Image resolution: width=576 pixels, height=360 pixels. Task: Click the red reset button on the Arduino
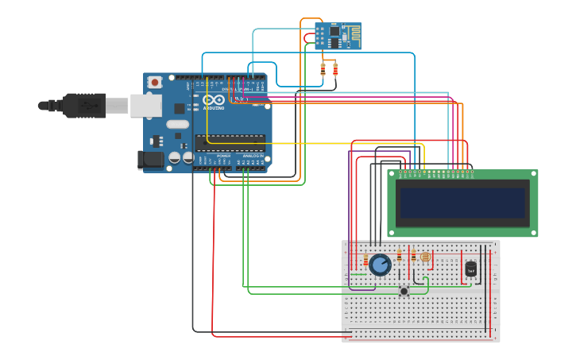pos(154,82)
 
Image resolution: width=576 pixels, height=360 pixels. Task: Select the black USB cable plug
pos(83,105)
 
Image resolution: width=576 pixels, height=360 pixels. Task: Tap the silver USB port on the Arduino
pos(145,106)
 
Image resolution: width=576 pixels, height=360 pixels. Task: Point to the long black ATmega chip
pos(230,142)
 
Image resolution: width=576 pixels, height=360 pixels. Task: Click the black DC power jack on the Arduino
pos(150,160)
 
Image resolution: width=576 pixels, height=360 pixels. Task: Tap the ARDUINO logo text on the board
pos(214,107)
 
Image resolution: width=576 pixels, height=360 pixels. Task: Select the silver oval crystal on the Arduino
pos(177,124)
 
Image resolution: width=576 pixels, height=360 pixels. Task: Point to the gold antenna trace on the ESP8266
pos(350,32)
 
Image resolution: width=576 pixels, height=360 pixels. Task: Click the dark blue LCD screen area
pos(462,203)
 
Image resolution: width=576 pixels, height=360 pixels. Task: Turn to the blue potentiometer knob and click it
pos(380,265)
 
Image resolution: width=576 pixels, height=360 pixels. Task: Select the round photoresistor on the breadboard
pos(425,257)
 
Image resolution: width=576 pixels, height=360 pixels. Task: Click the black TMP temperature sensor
pos(470,269)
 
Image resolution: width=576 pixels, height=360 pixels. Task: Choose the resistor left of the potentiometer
pos(365,261)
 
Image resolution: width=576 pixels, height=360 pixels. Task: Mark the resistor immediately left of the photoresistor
pos(413,255)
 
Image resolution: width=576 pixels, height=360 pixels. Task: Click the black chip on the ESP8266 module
pos(334,33)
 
